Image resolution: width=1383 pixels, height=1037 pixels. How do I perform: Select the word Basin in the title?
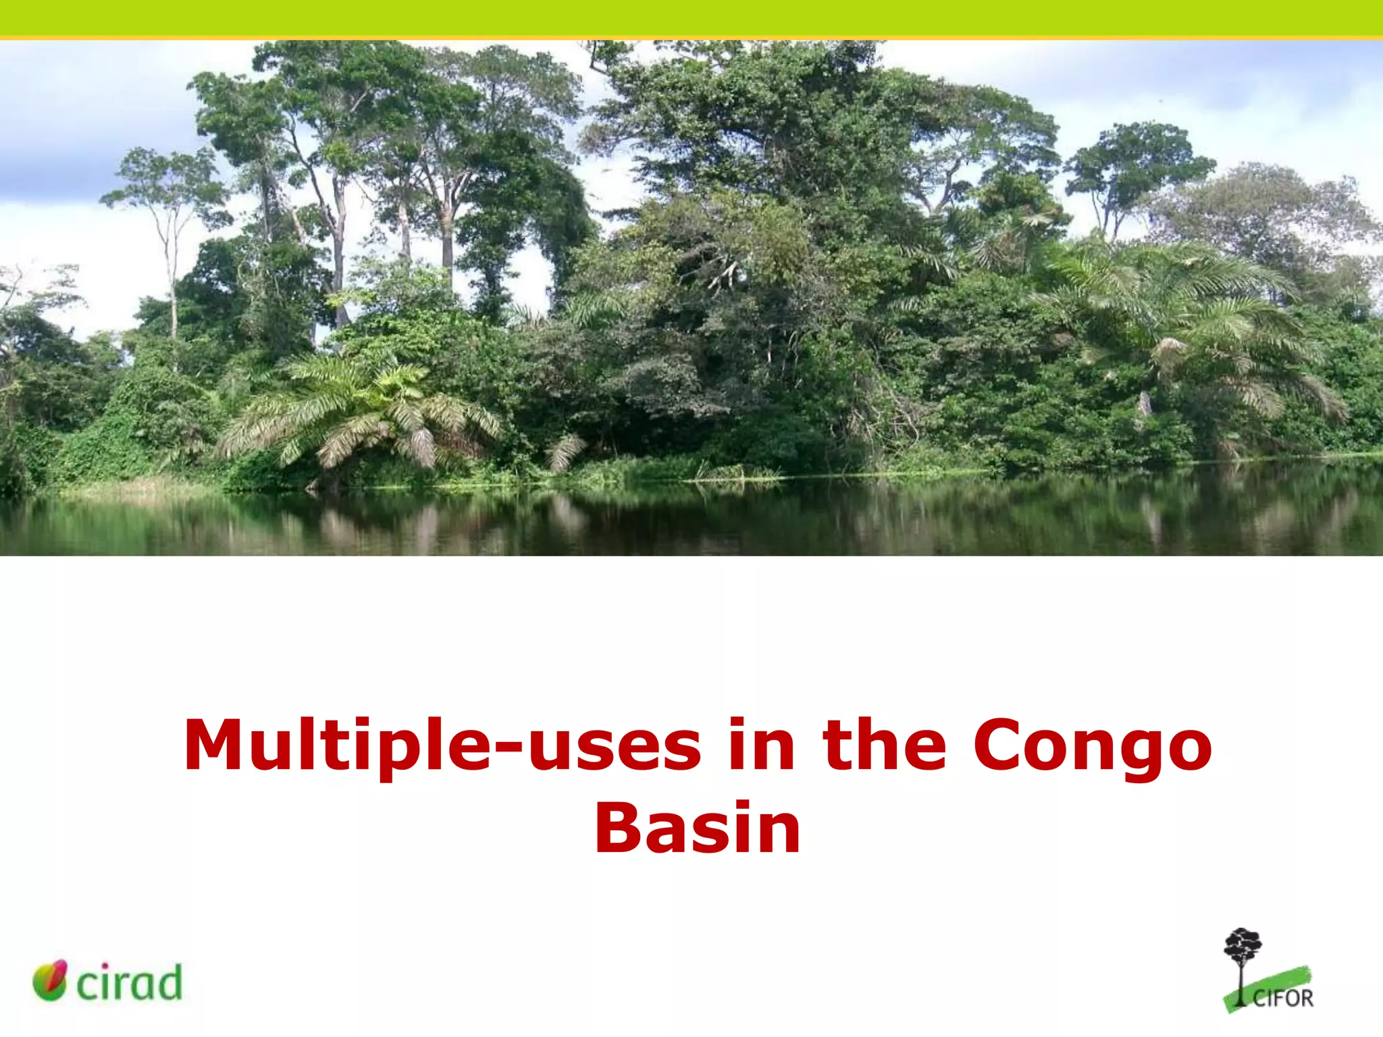click(697, 829)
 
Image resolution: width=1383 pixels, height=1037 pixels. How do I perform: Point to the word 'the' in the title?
click(885, 745)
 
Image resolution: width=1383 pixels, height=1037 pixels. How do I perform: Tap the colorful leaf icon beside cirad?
click(51, 980)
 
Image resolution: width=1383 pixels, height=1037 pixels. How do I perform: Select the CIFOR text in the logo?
click(1283, 998)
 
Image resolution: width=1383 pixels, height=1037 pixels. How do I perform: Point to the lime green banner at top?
click(691, 18)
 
